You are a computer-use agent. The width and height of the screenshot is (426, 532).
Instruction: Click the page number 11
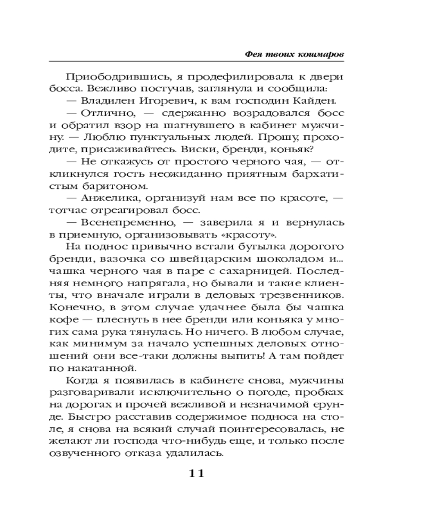click(x=196, y=473)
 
